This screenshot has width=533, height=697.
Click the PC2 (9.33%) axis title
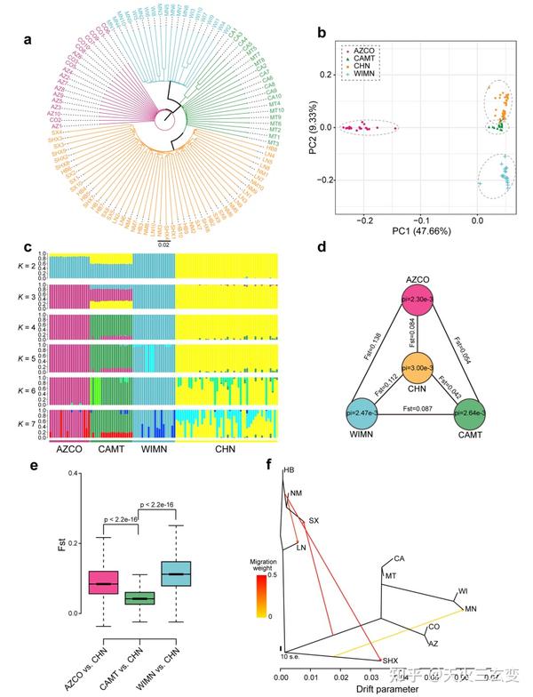point(311,128)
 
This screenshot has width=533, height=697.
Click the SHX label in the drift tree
point(388,661)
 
